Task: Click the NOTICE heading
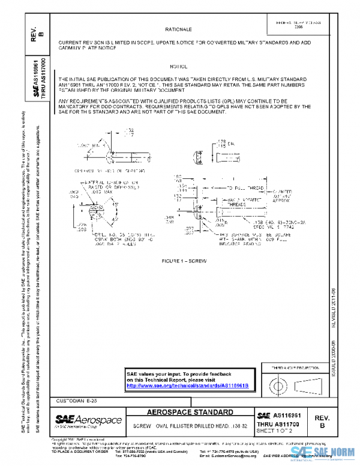pyautogui.click(x=179, y=65)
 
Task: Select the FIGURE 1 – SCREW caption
pyautogui.click(x=179, y=262)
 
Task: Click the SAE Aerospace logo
pyautogui.click(x=88, y=420)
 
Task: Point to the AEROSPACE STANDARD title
pyautogui.click(x=190, y=413)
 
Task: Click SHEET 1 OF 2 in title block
pyautogui.click(x=274, y=430)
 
